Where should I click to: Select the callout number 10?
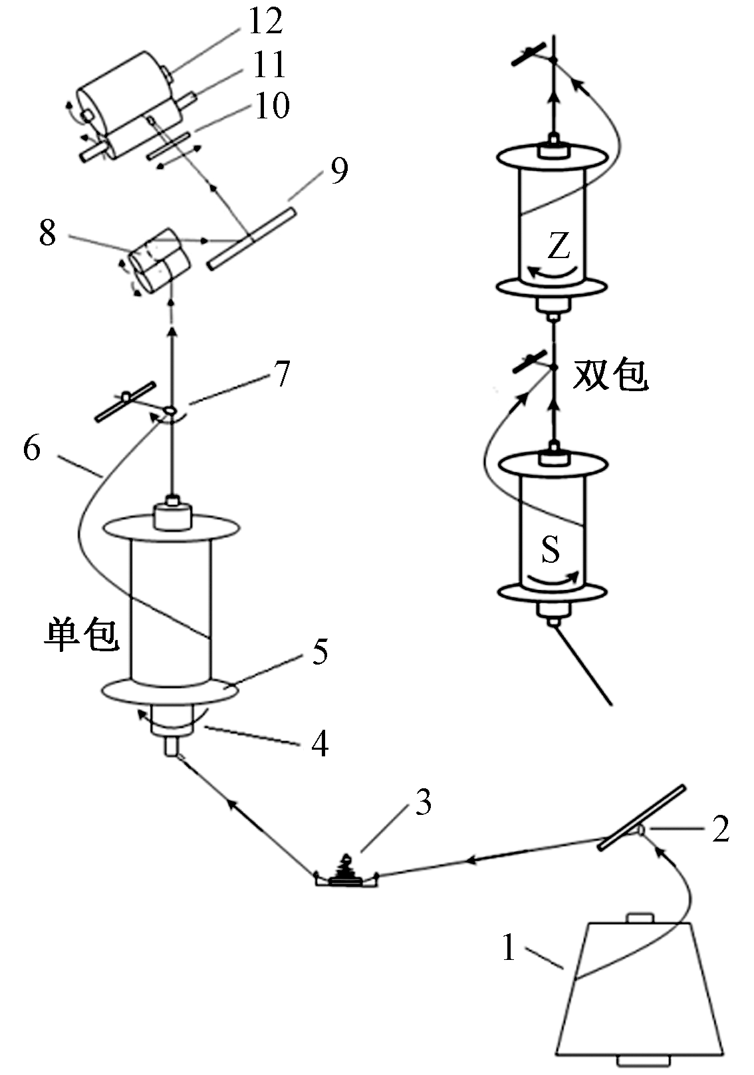(x=272, y=105)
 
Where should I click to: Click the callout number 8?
(x=47, y=233)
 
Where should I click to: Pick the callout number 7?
(x=283, y=374)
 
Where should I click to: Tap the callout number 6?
(x=31, y=448)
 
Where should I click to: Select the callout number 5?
(x=320, y=651)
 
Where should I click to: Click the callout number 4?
(x=320, y=743)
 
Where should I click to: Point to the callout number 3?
(x=424, y=802)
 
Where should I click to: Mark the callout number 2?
(x=721, y=829)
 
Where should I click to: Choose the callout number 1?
(x=509, y=947)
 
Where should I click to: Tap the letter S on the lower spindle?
(x=551, y=549)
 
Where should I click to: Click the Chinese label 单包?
(x=82, y=634)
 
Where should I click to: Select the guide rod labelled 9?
(x=251, y=238)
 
